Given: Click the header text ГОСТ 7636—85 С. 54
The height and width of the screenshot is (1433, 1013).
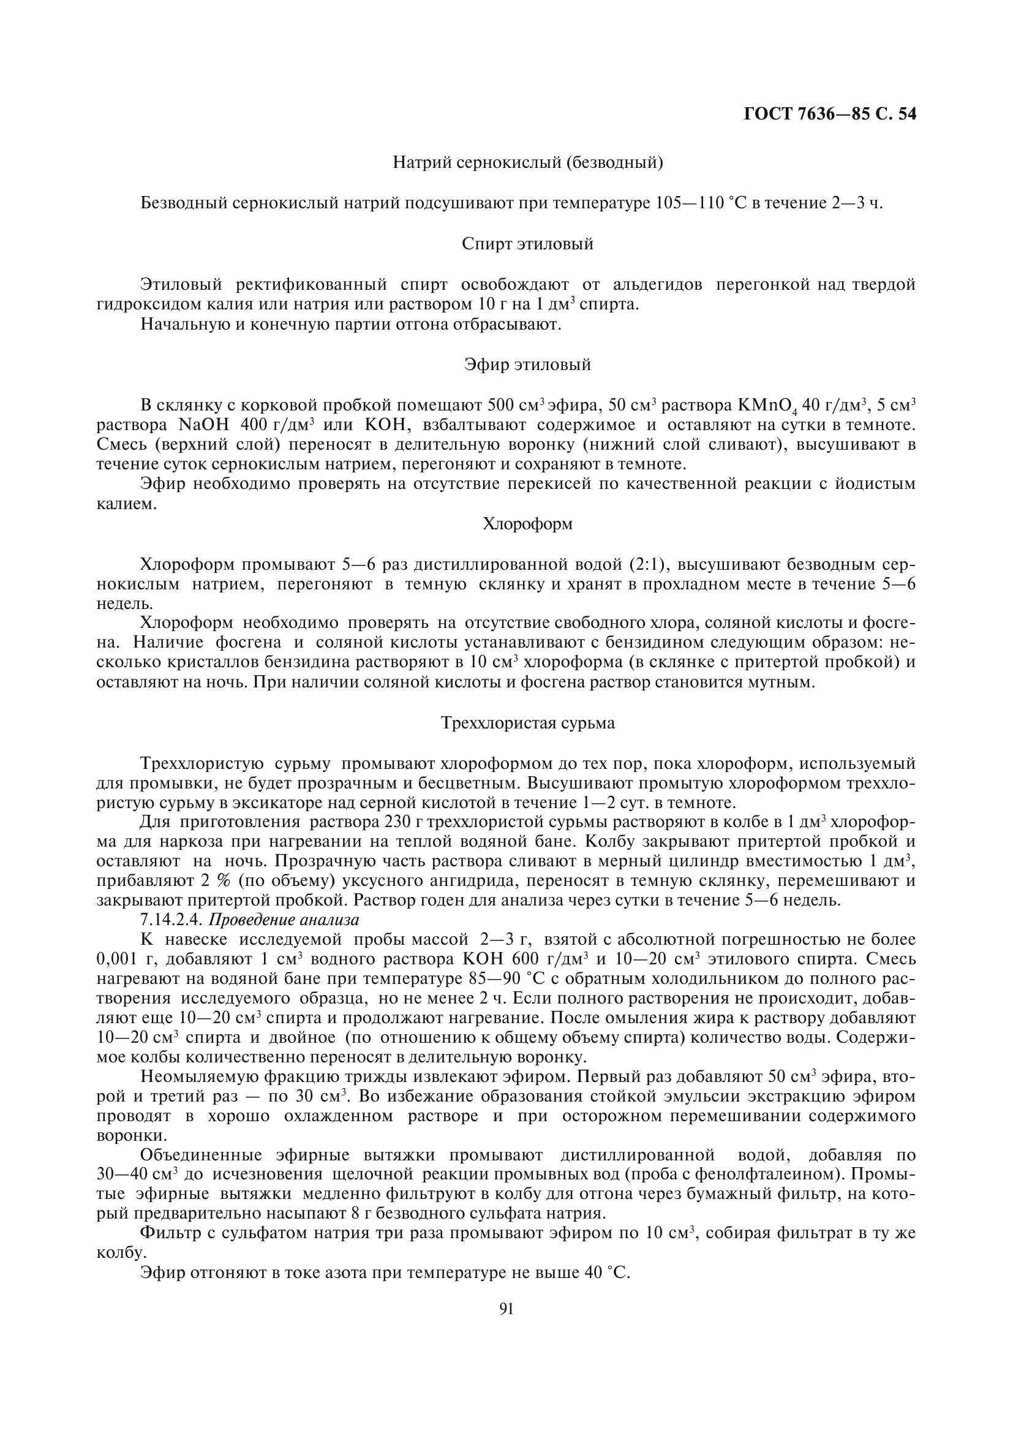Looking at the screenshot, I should (830, 114).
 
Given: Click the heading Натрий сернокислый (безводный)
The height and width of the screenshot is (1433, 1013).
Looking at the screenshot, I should (528, 163).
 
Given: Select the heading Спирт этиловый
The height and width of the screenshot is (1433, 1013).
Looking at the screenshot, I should (528, 244).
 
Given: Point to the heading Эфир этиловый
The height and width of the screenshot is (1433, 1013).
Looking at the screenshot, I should (528, 365).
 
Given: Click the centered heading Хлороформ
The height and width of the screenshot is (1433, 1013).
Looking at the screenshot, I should (528, 524).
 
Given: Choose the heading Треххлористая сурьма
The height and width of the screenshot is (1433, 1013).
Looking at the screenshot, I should (528, 723).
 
